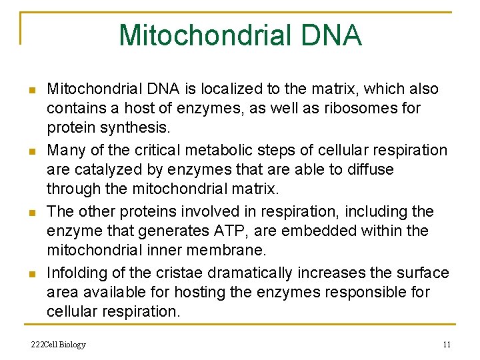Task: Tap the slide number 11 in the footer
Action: pyautogui.click(x=447, y=345)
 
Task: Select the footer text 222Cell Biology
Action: pyautogui.click(x=59, y=345)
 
